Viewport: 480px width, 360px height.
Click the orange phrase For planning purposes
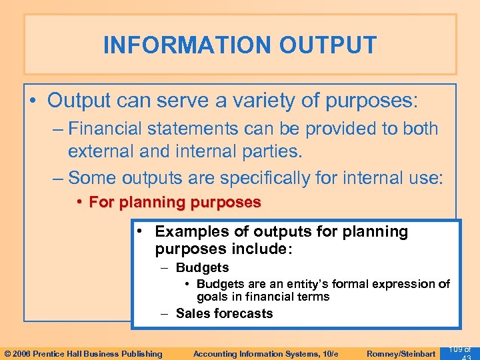pyautogui.click(x=175, y=202)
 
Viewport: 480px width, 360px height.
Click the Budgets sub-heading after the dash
pyautogui.click(x=202, y=267)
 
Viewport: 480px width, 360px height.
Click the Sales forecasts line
pyautogui.click(x=224, y=313)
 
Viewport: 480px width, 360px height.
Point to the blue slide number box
pyautogui.click(x=461, y=351)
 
